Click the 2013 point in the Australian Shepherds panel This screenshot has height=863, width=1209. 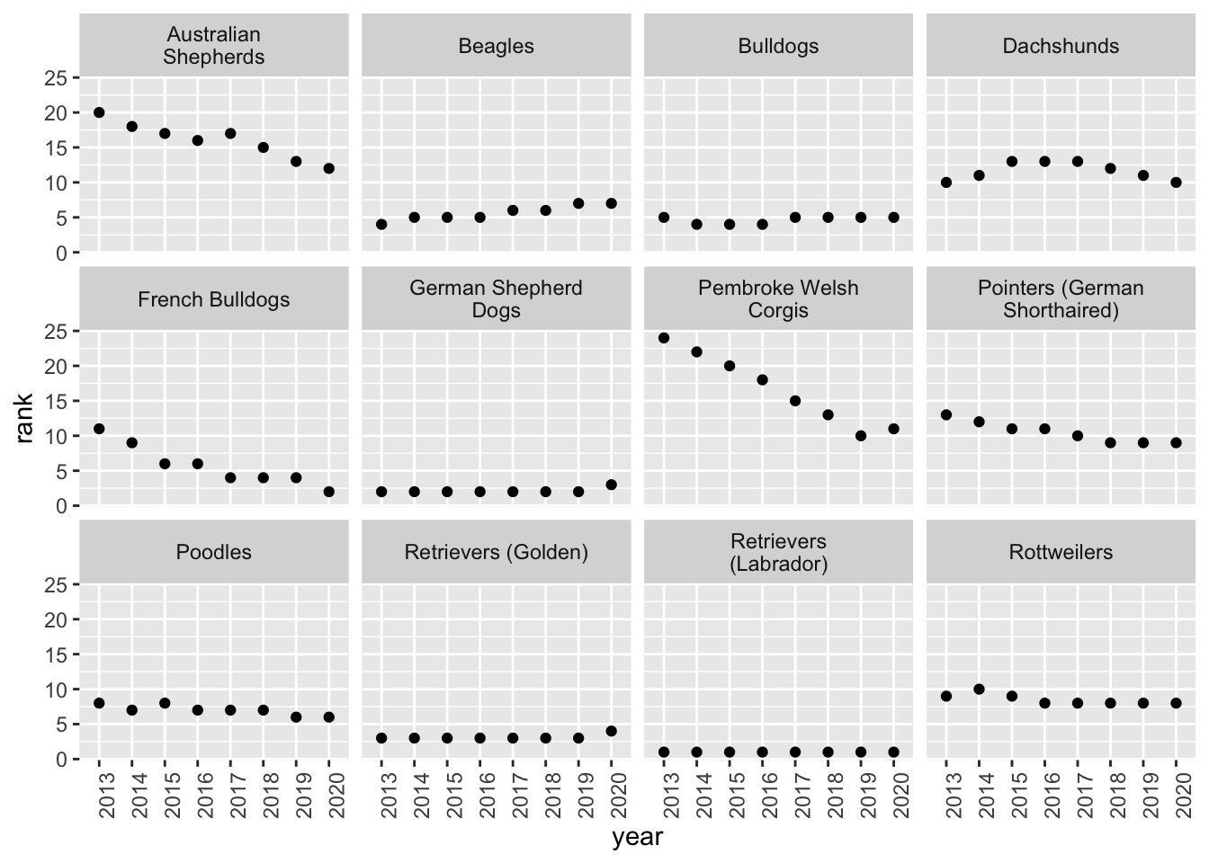coord(99,112)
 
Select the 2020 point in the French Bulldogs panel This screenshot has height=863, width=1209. coord(329,492)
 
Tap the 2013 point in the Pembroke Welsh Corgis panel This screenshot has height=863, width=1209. coord(664,338)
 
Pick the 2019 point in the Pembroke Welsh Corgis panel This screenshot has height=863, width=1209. coord(861,436)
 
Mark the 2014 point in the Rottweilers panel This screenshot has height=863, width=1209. coord(979,690)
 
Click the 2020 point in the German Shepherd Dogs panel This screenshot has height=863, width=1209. coord(612,485)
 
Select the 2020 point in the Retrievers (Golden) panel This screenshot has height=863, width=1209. coord(612,732)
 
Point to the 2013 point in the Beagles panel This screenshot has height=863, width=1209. coord(381,225)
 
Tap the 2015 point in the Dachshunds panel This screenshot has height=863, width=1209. coord(1012,162)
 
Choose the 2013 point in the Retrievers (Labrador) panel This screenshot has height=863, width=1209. coord(664,752)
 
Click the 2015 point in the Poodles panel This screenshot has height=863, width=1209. coord(166,703)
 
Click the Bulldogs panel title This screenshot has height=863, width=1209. coord(778,47)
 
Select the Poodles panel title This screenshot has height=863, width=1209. coord(214,552)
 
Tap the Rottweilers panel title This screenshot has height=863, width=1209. coord(1061,552)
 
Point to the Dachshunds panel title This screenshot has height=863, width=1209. coord(1061,47)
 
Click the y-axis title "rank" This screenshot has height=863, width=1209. coord(24,419)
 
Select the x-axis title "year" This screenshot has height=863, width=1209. coord(638,837)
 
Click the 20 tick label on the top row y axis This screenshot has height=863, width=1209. coord(56,113)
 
